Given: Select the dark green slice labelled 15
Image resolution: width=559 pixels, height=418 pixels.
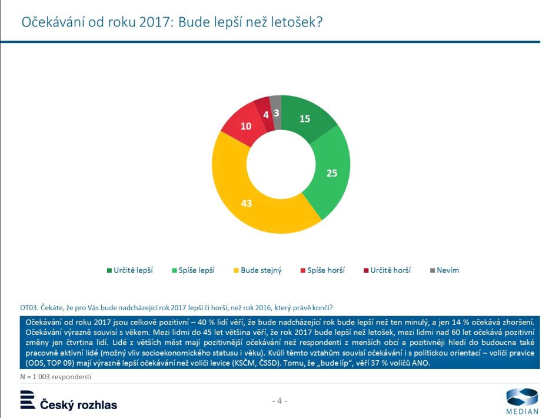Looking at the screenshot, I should [x=305, y=119].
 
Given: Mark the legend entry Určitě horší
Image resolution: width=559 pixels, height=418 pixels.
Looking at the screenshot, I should [x=390, y=270].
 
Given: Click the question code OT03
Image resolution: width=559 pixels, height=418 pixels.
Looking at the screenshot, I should [x=29, y=307].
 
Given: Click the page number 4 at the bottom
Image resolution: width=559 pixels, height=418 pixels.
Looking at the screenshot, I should [x=279, y=401].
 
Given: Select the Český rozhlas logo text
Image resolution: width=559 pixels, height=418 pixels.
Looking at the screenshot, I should [x=78, y=404].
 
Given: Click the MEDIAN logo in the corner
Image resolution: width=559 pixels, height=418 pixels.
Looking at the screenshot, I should [x=522, y=401].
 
